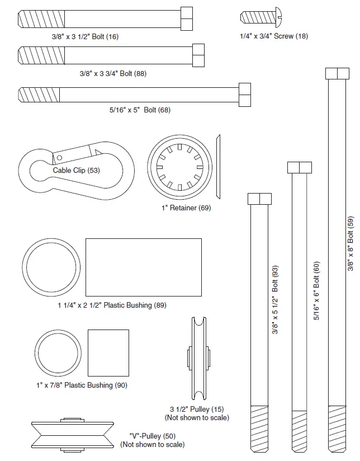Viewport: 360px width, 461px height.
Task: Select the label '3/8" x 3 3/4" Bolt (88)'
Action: (113, 73)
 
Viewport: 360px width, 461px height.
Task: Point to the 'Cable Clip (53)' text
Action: (76, 170)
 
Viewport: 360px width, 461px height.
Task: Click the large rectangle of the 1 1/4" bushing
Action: (143, 267)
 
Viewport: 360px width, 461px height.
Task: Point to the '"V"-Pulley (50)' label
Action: (152, 436)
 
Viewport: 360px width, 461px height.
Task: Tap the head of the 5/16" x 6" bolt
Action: (299, 168)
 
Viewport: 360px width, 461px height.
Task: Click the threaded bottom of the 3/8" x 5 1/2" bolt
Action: (259, 425)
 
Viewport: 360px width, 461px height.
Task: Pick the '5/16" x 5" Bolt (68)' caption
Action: (140, 110)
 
